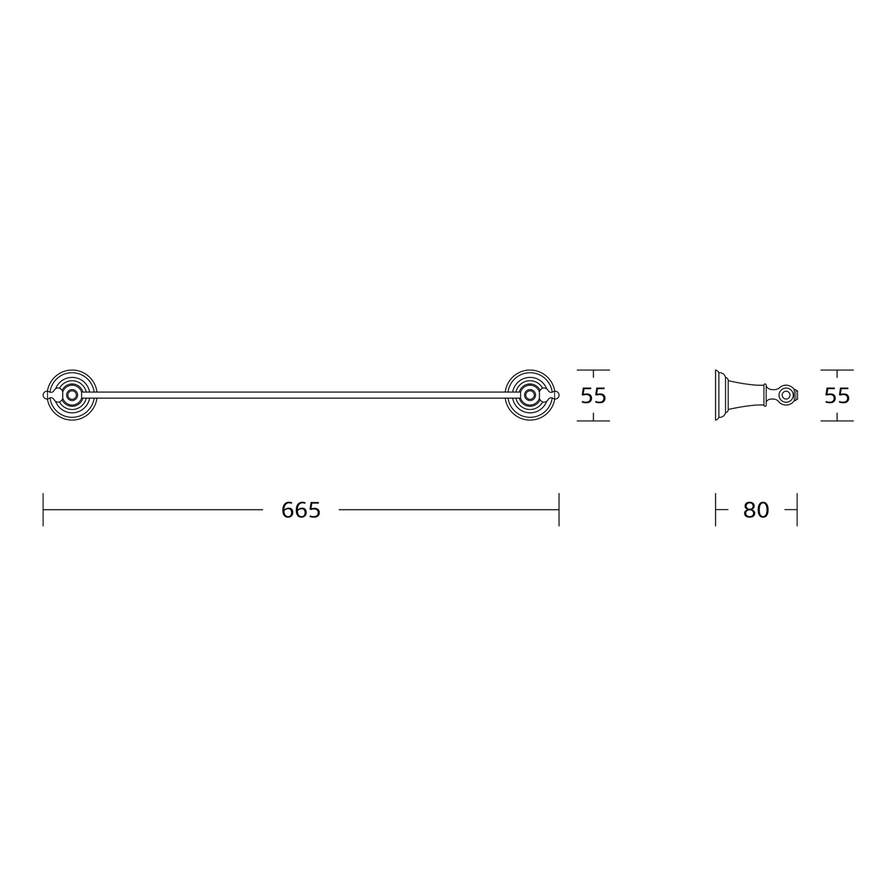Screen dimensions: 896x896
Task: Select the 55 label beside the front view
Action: [x=594, y=396]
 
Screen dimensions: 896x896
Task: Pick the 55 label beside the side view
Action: [x=837, y=396]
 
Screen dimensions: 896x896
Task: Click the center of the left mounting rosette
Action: [x=72, y=395]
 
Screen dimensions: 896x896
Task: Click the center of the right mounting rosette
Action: [x=530, y=395]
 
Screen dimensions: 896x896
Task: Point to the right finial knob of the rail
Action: [x=556, y=395]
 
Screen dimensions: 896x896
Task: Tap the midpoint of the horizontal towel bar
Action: [x=301, y=395]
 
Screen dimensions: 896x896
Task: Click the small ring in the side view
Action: [x=786, y=395]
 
